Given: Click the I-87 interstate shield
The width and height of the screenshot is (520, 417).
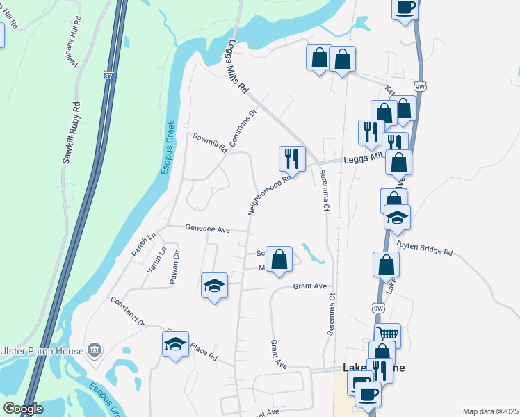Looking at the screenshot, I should click(108, 75).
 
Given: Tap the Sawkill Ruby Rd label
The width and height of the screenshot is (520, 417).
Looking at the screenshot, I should click(72, 133).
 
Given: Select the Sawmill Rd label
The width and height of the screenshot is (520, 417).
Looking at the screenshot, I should click(210, 142).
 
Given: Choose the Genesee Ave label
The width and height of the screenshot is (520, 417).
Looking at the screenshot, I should click(207, 228).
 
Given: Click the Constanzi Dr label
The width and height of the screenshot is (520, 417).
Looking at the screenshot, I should click(127, 312).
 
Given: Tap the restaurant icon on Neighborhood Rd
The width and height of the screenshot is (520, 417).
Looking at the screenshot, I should click(291, 158).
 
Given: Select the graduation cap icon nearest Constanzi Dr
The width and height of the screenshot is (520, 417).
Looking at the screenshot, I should click(176, 344).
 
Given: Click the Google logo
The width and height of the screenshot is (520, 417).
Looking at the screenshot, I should click(24, 409).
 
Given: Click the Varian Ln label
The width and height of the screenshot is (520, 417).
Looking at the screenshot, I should click(155, 259).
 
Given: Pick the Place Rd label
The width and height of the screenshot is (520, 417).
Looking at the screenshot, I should click(203, 356).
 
